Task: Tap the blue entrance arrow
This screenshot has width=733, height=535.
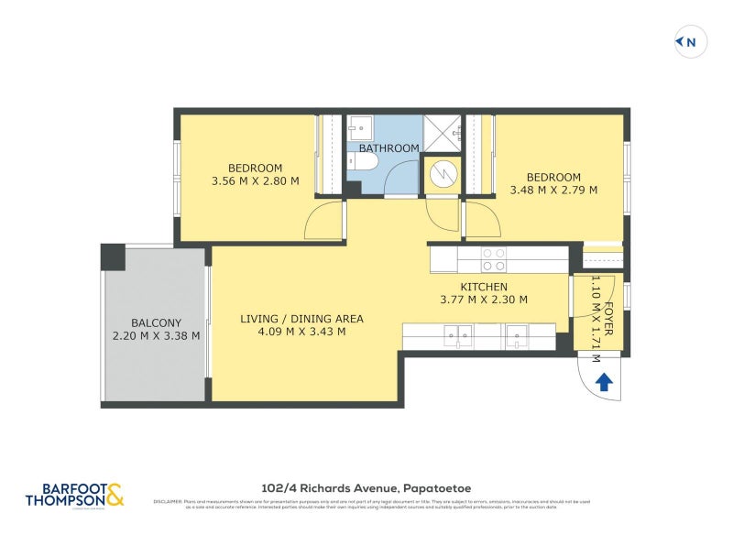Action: coord(604,382)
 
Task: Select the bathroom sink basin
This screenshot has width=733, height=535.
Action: coord(357,129)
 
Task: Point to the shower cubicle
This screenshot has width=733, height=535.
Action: coord(443,133)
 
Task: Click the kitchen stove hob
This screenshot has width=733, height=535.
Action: coord(494,259)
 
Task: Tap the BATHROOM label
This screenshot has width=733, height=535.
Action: coord(388,148)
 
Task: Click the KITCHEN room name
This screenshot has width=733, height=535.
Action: coord(484,287)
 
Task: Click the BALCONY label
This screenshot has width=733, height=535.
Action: coord(156,322)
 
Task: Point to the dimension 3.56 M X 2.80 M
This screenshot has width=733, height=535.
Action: coord(255,181)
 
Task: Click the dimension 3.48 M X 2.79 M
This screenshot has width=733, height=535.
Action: coord(552,191)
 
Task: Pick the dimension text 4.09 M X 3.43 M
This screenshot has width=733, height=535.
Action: coord(301,332)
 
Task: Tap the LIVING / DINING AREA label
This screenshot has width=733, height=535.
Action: coord(301,319)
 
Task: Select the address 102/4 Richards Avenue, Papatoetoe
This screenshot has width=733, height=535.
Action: coord(366,488)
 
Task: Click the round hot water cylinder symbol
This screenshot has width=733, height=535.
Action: coord(443,173)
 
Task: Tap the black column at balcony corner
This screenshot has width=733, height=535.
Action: coord(113,256)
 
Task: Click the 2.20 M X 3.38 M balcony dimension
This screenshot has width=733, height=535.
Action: coord(156,335)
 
